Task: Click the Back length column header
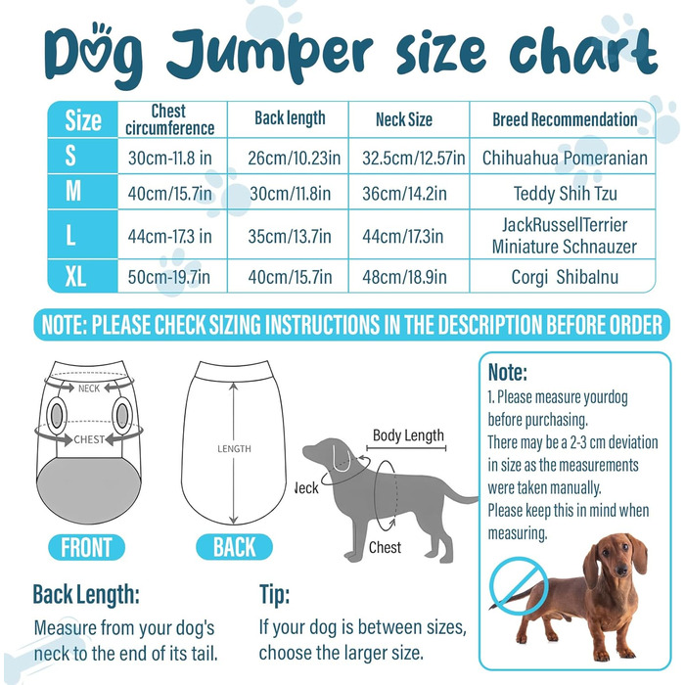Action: click(290, 118)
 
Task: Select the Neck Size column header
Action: click(404, 119)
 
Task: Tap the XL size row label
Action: click(75, 277)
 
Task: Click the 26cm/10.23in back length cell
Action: click(294, 158)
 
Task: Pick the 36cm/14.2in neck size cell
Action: click(404, 194)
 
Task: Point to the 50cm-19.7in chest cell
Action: click(169, 277)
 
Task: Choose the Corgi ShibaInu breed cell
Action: click(565, 277)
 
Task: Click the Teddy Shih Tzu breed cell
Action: click(566, 194)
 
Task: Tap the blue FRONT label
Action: click(86, 547)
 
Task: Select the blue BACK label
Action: click(234, 547)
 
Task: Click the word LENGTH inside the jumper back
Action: click(234, 448)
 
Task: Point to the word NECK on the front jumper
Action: click(89, 388)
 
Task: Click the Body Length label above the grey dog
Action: click(408, 435)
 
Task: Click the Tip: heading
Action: click(274, 595)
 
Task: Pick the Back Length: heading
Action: click(86, 595)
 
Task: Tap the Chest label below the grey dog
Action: click(385, 547)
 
